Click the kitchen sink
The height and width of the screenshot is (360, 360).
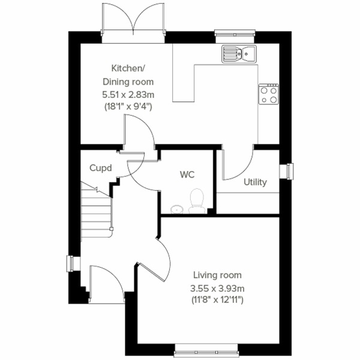(239, 53)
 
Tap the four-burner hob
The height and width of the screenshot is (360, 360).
(268, 94)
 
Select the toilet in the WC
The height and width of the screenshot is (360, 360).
(196, 202)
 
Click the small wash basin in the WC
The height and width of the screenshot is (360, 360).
(176, 209)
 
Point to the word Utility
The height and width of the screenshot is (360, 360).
(255, 182)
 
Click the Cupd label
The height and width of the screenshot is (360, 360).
(101, 169)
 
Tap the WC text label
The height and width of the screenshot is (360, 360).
(187, 175)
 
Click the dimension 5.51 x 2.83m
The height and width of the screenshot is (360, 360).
(128, 94)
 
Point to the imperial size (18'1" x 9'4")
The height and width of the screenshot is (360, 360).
(128, 106)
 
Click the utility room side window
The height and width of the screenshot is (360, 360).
(289, 171)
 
